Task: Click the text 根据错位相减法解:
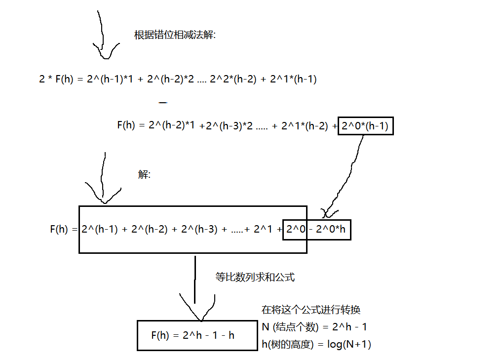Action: [175, 35]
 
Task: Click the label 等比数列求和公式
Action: [255, 277]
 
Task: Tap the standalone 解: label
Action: [144, 175]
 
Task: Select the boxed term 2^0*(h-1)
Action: [366, 126]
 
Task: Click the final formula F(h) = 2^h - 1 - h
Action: [193, 335]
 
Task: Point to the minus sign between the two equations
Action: [163, 102]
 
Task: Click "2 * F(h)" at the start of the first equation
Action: [56, 79]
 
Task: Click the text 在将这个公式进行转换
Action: [310, 310]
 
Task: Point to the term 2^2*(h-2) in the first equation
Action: [233, 79]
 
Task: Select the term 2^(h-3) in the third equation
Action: [199, 230]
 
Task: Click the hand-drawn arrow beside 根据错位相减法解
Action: [103, 37]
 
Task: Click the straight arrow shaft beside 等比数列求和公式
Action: [195, 279]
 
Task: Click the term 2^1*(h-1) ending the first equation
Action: [293, 79]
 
